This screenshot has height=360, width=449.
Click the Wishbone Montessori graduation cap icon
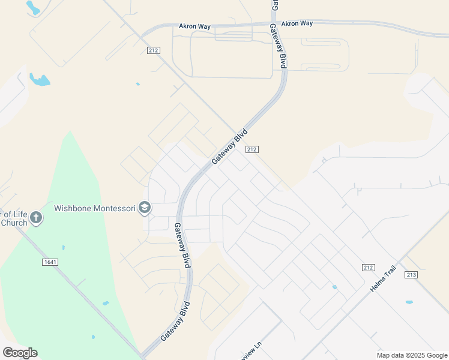tap(144, 208)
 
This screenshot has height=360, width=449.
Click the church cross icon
tap(36, 217)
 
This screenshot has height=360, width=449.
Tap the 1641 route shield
tap(50, 262)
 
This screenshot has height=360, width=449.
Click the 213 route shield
tap(411, 275)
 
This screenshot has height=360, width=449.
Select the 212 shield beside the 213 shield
tap(369, 266)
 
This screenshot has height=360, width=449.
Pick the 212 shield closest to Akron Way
tap(152, 50)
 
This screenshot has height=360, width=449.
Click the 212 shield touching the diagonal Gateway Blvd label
tap(252, 149)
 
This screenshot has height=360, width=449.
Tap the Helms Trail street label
tap(384, 282)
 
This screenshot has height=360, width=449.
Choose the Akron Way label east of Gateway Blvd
tap(297, 23)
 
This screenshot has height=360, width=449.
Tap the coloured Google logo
tap(20, 353)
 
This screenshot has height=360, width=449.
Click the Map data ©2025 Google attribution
tap(411, 355)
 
